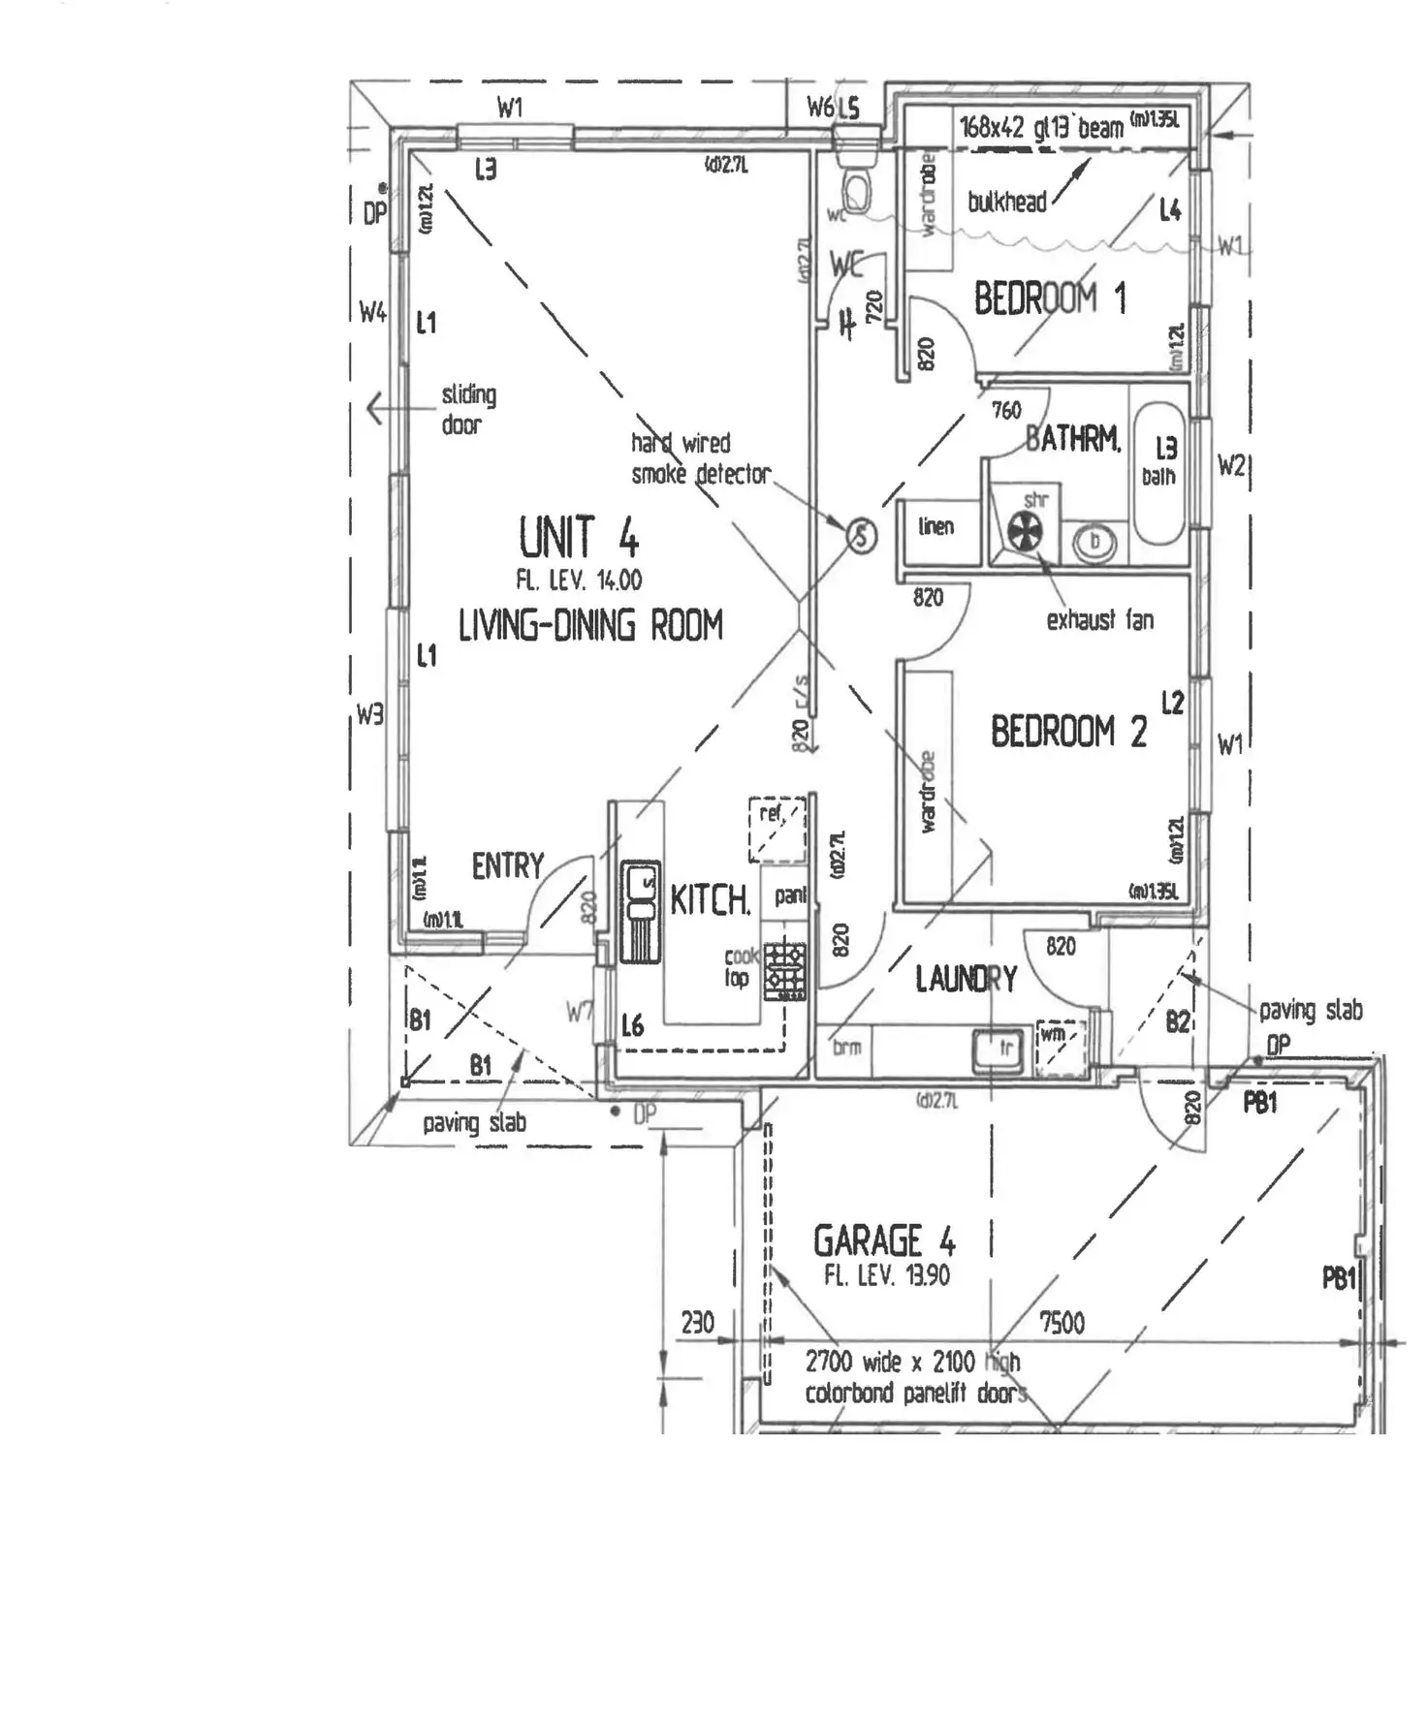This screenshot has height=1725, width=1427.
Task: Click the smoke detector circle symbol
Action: [862, 535]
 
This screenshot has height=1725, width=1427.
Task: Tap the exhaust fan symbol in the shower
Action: [1024, 531]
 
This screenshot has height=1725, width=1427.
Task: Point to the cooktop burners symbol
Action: [785, 971]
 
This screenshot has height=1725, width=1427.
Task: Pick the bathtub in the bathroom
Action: [1159, 475]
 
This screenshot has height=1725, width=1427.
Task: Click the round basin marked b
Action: [1094, 542]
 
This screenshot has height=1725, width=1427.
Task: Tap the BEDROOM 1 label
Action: [1049, 298]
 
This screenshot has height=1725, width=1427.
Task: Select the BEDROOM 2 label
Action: [1067, 731]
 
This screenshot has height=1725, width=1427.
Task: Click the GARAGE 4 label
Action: [883, 1241]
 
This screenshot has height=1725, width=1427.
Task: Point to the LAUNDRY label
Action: [966, 979]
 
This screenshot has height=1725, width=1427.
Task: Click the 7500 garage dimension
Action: [1062, 1323]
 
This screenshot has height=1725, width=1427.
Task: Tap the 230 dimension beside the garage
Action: [697, 1323]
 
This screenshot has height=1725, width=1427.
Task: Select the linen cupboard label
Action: [935, 526]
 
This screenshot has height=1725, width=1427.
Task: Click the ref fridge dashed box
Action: [777, 830]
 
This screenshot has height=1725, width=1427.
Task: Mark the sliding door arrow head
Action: [373, 409]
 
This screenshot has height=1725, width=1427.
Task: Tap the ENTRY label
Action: [507, 865]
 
